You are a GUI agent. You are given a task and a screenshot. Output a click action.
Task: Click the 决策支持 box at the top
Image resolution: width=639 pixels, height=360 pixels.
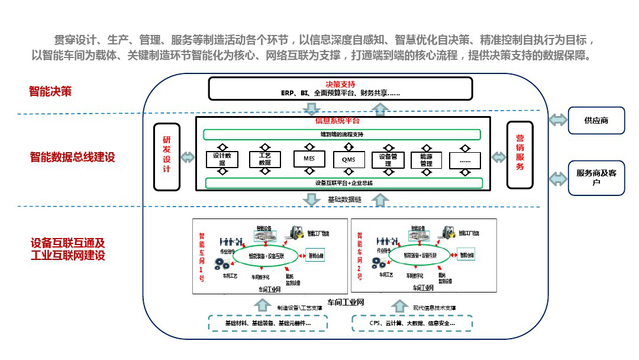coord(340,88)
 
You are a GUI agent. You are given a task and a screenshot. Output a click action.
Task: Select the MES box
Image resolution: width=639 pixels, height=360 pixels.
coord(309,159)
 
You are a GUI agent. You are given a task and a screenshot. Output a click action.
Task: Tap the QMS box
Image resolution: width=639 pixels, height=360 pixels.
coord(348,159)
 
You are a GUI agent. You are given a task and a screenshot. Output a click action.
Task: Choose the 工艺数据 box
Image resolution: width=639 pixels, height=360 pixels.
coord(264,159)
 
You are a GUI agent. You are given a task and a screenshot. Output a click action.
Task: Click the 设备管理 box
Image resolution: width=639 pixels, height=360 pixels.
coord(388,159)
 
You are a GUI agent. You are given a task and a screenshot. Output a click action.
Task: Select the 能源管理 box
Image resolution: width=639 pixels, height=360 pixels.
coord(426,160)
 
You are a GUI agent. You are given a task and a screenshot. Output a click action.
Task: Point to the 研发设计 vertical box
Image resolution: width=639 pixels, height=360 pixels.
coord(166,157)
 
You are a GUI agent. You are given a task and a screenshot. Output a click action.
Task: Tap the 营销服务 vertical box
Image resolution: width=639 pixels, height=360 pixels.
coord(519,155)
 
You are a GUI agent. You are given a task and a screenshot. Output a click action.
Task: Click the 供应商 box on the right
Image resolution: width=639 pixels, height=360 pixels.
coord(596,120)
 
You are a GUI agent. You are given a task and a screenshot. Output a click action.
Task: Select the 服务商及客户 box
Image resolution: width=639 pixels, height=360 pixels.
coord(596,178)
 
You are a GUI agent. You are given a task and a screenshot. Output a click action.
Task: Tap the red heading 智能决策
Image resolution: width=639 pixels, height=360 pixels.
coord(50,91)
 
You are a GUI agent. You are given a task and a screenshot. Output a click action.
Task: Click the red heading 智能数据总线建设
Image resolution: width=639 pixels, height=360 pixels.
coord(72,157)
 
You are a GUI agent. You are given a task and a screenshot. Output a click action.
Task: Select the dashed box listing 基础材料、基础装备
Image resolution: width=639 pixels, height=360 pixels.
coord(268,324)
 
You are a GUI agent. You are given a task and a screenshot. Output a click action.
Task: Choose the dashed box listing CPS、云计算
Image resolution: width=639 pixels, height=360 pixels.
coord(412,324)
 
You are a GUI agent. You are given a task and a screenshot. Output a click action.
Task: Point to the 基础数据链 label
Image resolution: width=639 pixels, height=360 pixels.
coord(344,200)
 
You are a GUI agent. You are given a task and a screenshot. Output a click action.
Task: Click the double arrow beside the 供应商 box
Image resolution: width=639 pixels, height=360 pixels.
coord(557,120)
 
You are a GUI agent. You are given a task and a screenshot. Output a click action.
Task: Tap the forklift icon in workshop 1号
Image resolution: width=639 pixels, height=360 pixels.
coord(298,233)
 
